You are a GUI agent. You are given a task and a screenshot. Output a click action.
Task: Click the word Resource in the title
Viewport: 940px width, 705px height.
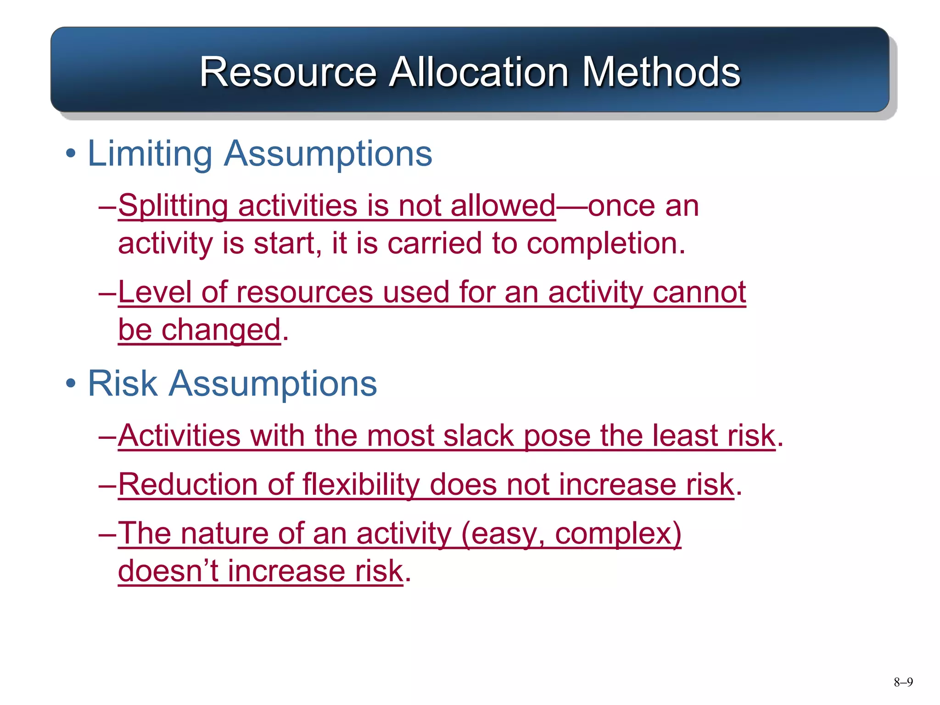[x=288, y=72]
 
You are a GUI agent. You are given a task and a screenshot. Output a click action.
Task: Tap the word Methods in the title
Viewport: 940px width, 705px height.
[x=661, y=72]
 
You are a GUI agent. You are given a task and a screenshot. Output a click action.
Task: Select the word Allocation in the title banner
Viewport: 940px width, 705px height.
[x=479, y=72]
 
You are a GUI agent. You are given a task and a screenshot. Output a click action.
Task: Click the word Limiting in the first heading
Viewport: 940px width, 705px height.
[x=150, y=153]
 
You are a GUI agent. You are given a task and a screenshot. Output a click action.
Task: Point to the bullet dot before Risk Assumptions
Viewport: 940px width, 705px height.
[x=70, y=384]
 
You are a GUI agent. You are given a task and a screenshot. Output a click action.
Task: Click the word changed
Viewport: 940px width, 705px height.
[x=220, y=330]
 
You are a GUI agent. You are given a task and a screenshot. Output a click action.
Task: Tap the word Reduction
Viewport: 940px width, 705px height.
[x=188, y=485]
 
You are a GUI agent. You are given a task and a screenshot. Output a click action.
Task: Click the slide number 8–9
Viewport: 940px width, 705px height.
[x=903, y=682]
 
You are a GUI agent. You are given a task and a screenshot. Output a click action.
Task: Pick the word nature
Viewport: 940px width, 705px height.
[x=224, y=534]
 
